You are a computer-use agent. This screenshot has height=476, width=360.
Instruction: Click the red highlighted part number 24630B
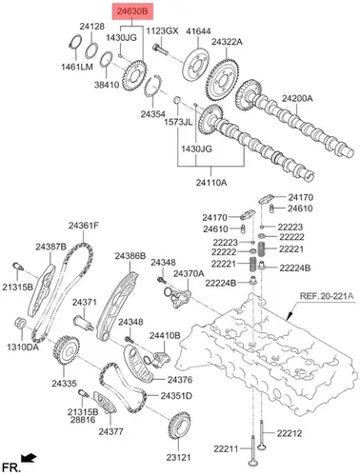pos(132,11)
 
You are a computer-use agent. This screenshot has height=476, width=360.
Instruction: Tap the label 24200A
pos(297,98)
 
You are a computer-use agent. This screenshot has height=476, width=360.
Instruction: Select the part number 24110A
pos(211,183)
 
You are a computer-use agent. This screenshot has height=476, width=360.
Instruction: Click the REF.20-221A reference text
pos(327,296)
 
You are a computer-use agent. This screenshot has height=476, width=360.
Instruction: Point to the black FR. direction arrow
pos(29,458)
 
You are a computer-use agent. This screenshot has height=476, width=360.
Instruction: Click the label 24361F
pos(84,226)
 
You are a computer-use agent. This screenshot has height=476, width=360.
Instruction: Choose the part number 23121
pos(179,457)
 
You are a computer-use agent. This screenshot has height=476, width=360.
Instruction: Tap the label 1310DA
pos(23,347)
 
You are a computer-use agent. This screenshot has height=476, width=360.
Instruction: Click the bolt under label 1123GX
pos(160,50)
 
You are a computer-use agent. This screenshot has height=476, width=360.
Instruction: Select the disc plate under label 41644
pos(196,65)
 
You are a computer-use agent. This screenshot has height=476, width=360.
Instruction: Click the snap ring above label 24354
pos(153,86)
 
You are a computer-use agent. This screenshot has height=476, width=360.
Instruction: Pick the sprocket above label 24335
pos(67,350)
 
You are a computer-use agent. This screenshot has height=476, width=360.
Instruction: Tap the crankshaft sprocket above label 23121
pos(179,426)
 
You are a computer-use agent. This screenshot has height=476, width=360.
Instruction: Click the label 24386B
pos(130,256)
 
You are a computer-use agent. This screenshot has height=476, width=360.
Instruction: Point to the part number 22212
pos(290,433)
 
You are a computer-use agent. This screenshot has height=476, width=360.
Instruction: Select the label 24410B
pos(165,335)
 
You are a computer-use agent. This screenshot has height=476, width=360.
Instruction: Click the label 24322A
pos(228,42)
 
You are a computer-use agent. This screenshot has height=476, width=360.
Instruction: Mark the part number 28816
pos(83,420)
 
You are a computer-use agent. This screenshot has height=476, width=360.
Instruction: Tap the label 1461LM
pos(77,67)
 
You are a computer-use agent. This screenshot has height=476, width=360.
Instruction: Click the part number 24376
pos(180,379)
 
